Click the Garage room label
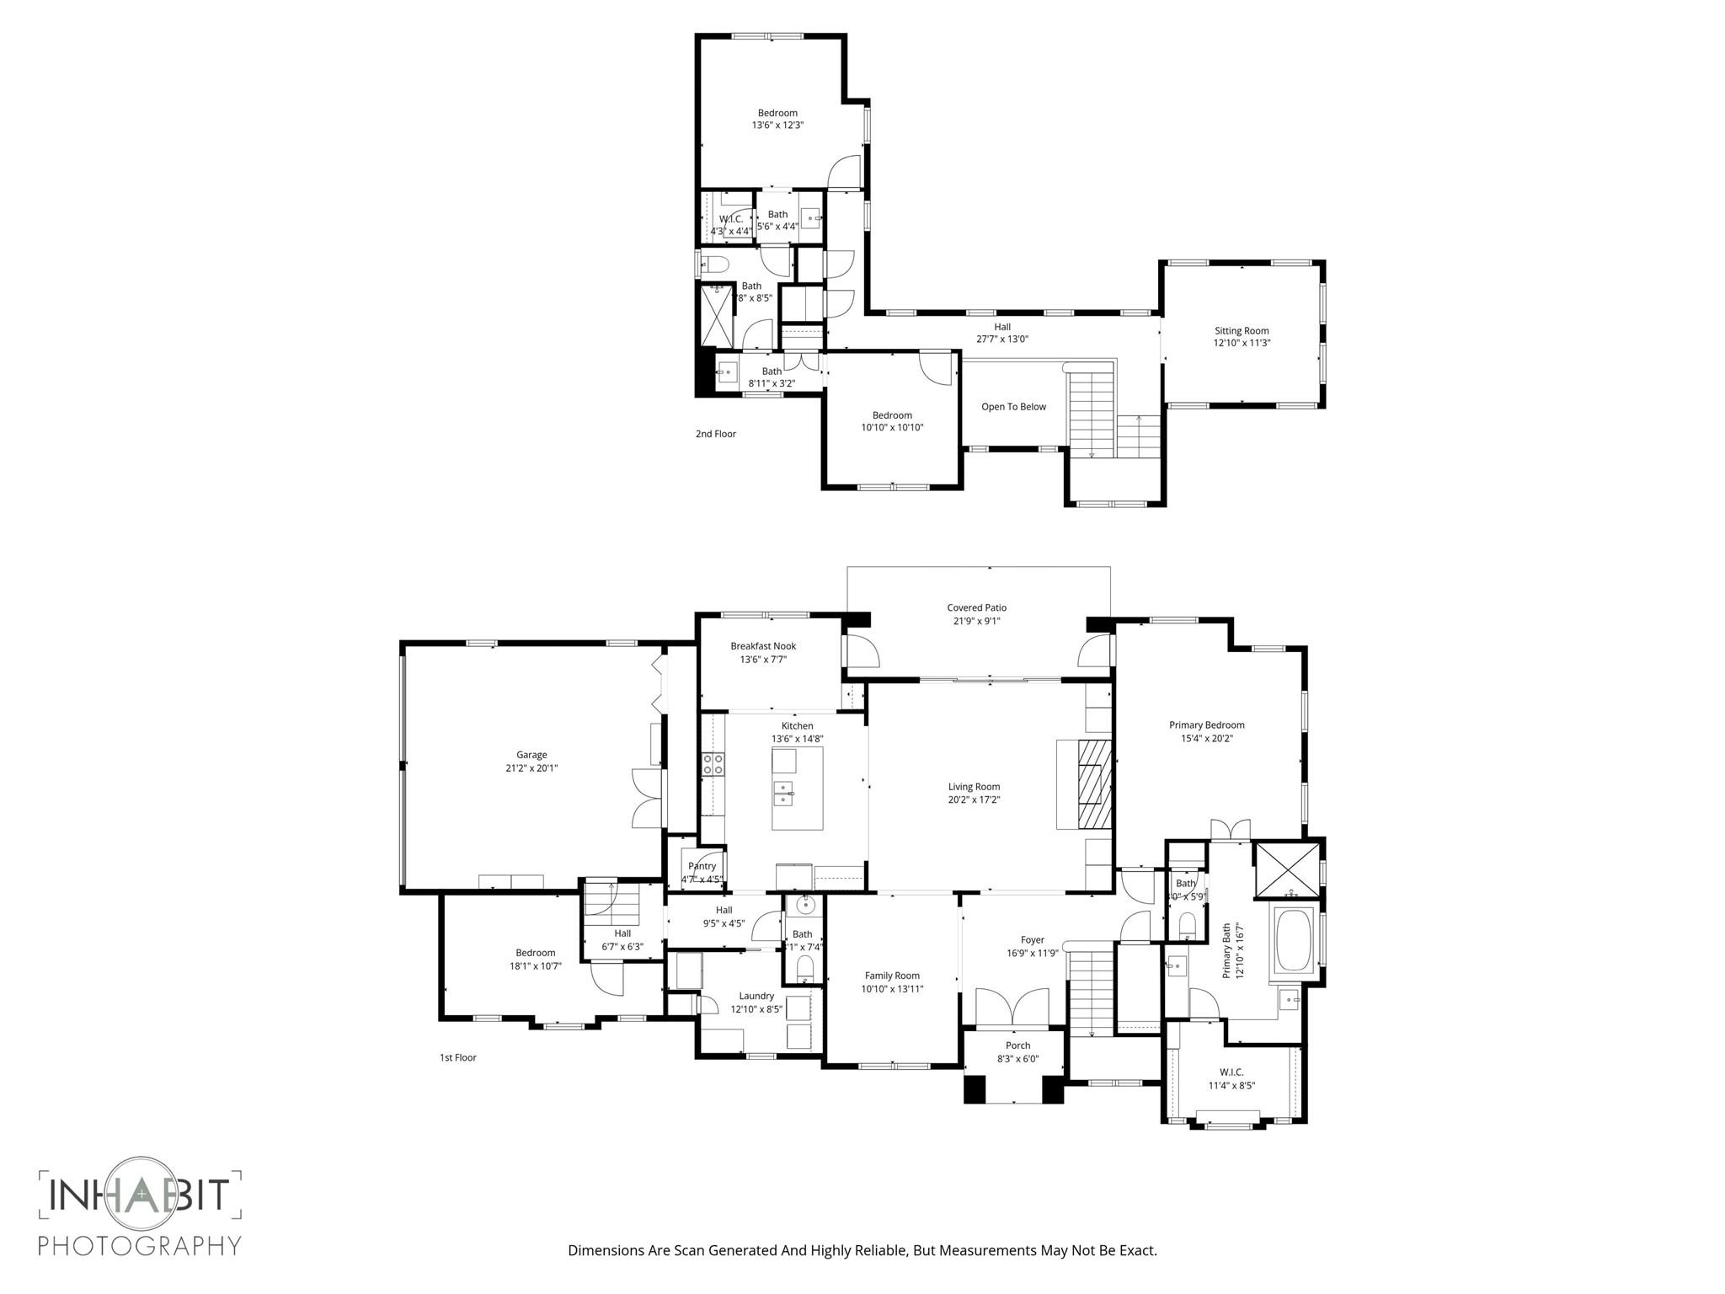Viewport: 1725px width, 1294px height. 531,755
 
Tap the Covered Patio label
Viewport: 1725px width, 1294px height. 976,607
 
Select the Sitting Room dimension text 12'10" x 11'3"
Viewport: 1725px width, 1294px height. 1242,343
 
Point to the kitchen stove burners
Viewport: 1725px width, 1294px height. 713,764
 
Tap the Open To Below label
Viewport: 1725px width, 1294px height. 1013,407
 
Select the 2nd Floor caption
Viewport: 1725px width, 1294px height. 715,434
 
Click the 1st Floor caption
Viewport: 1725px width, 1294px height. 457,1057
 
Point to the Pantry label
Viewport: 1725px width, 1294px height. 702,866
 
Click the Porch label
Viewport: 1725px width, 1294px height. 1017,1045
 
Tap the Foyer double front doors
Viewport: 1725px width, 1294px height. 1012,1007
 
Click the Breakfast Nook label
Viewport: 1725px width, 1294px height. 763,646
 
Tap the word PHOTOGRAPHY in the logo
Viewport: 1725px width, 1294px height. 140,1245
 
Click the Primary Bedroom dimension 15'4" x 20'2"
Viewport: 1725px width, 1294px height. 1206,739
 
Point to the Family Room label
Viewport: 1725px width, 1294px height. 892,976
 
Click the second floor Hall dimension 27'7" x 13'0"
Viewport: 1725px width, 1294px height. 1001,340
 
